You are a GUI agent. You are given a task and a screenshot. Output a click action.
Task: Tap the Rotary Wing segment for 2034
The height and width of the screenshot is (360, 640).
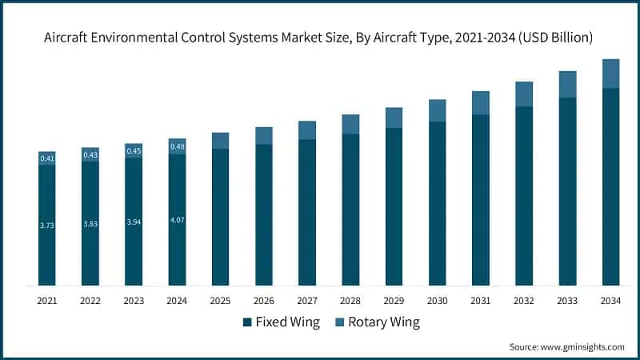point(610,73)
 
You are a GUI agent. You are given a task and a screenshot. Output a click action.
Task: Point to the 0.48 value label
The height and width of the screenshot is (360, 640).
point(177,146)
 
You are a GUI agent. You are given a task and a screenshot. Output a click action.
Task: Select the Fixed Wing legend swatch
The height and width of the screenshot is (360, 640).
point(247,323)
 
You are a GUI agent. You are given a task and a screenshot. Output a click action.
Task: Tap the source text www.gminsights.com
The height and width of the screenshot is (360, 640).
point(567,346)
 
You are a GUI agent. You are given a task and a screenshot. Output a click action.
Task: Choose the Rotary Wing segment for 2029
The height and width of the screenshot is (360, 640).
point(394,118)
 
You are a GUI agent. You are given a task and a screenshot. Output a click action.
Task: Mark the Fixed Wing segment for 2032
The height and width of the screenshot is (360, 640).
point(524,195)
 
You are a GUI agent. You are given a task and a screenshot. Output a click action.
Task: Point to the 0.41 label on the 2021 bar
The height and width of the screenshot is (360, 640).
point(47,158)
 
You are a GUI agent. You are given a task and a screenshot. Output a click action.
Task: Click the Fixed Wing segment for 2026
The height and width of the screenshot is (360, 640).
point(264,214)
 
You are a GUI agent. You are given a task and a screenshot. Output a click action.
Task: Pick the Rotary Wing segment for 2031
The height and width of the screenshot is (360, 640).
point(480,102)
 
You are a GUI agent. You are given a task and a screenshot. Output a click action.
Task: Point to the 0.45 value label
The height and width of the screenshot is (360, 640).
point(134,151)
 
